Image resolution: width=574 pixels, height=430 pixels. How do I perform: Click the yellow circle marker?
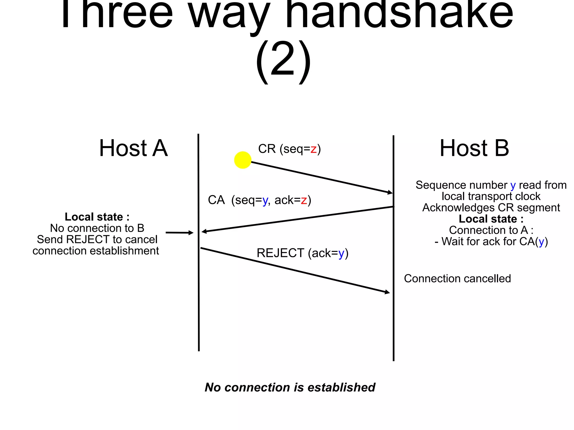(242, 160)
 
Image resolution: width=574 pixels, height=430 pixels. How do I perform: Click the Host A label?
(133, 148)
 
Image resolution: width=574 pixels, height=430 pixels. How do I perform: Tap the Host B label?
(474, 148)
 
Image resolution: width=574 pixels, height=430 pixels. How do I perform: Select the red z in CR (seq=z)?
(313, 149)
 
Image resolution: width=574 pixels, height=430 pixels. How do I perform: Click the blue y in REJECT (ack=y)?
(341, 254)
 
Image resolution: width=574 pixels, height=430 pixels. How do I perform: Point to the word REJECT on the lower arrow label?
(280, 253)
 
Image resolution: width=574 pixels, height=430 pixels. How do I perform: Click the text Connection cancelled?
(457, 279)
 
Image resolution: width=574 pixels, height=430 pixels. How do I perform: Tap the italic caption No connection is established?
(290, 387)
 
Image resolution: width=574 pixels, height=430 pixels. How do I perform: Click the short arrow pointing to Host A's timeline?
(179, 233)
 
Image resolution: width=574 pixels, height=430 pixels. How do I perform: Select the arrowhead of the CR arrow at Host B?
(390, 192)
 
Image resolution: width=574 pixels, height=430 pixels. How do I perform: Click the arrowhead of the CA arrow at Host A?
(204, 231)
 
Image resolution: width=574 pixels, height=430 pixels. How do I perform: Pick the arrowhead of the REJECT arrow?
(387, 292)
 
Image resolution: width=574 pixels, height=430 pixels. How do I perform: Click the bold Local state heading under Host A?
(97, 217)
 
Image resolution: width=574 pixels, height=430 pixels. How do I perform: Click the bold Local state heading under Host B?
(491, 219)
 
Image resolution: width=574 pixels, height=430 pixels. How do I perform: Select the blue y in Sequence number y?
(513, 185)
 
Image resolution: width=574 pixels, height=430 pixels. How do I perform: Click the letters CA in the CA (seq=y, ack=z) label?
(216, 200)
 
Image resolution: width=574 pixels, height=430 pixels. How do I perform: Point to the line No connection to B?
(97, 228)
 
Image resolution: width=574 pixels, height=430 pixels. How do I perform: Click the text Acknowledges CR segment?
(491, 208)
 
